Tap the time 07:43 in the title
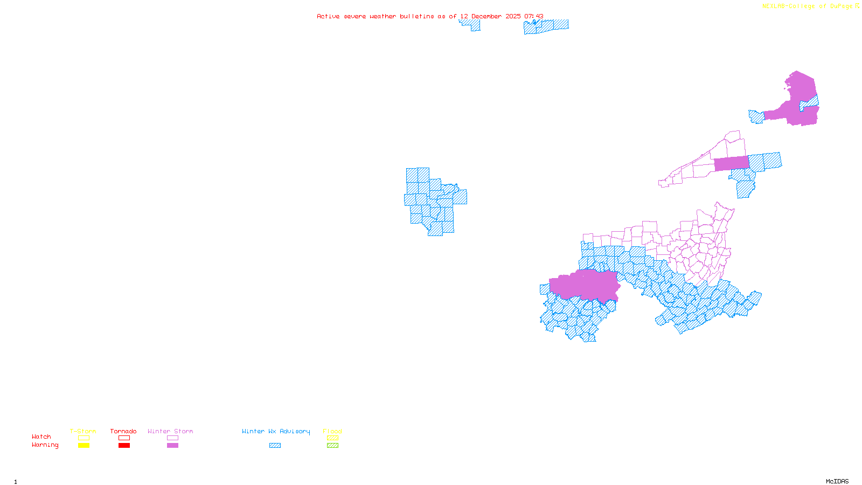coord(533,17)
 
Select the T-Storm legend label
coord(83,431)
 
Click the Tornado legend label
coord(123,431)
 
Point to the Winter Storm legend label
coord(170,431)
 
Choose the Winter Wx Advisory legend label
coord(276,431)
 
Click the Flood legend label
coord(332,431)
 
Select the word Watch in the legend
coord(41,437)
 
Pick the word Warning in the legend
coord(45,445)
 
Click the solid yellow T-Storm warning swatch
coord(84,446)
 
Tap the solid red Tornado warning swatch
coord(124,446)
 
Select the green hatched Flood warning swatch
coord(333,446)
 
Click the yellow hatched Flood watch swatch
coord(333,438)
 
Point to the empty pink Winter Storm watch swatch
coord(172,438)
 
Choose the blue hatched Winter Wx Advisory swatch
coord(275,446)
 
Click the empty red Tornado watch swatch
coord(124,438)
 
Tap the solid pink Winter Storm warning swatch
coord(172,446)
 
